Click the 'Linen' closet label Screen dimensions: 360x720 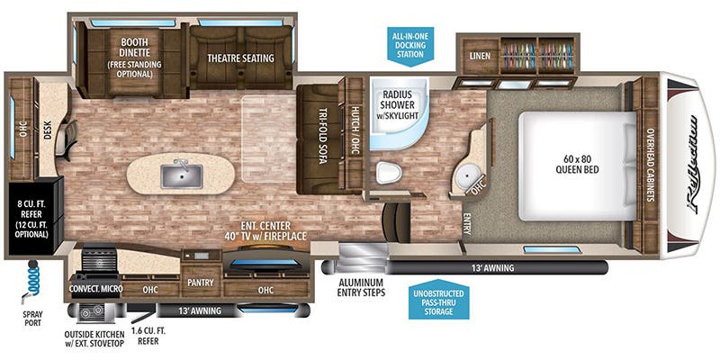(x=479, y=56)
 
